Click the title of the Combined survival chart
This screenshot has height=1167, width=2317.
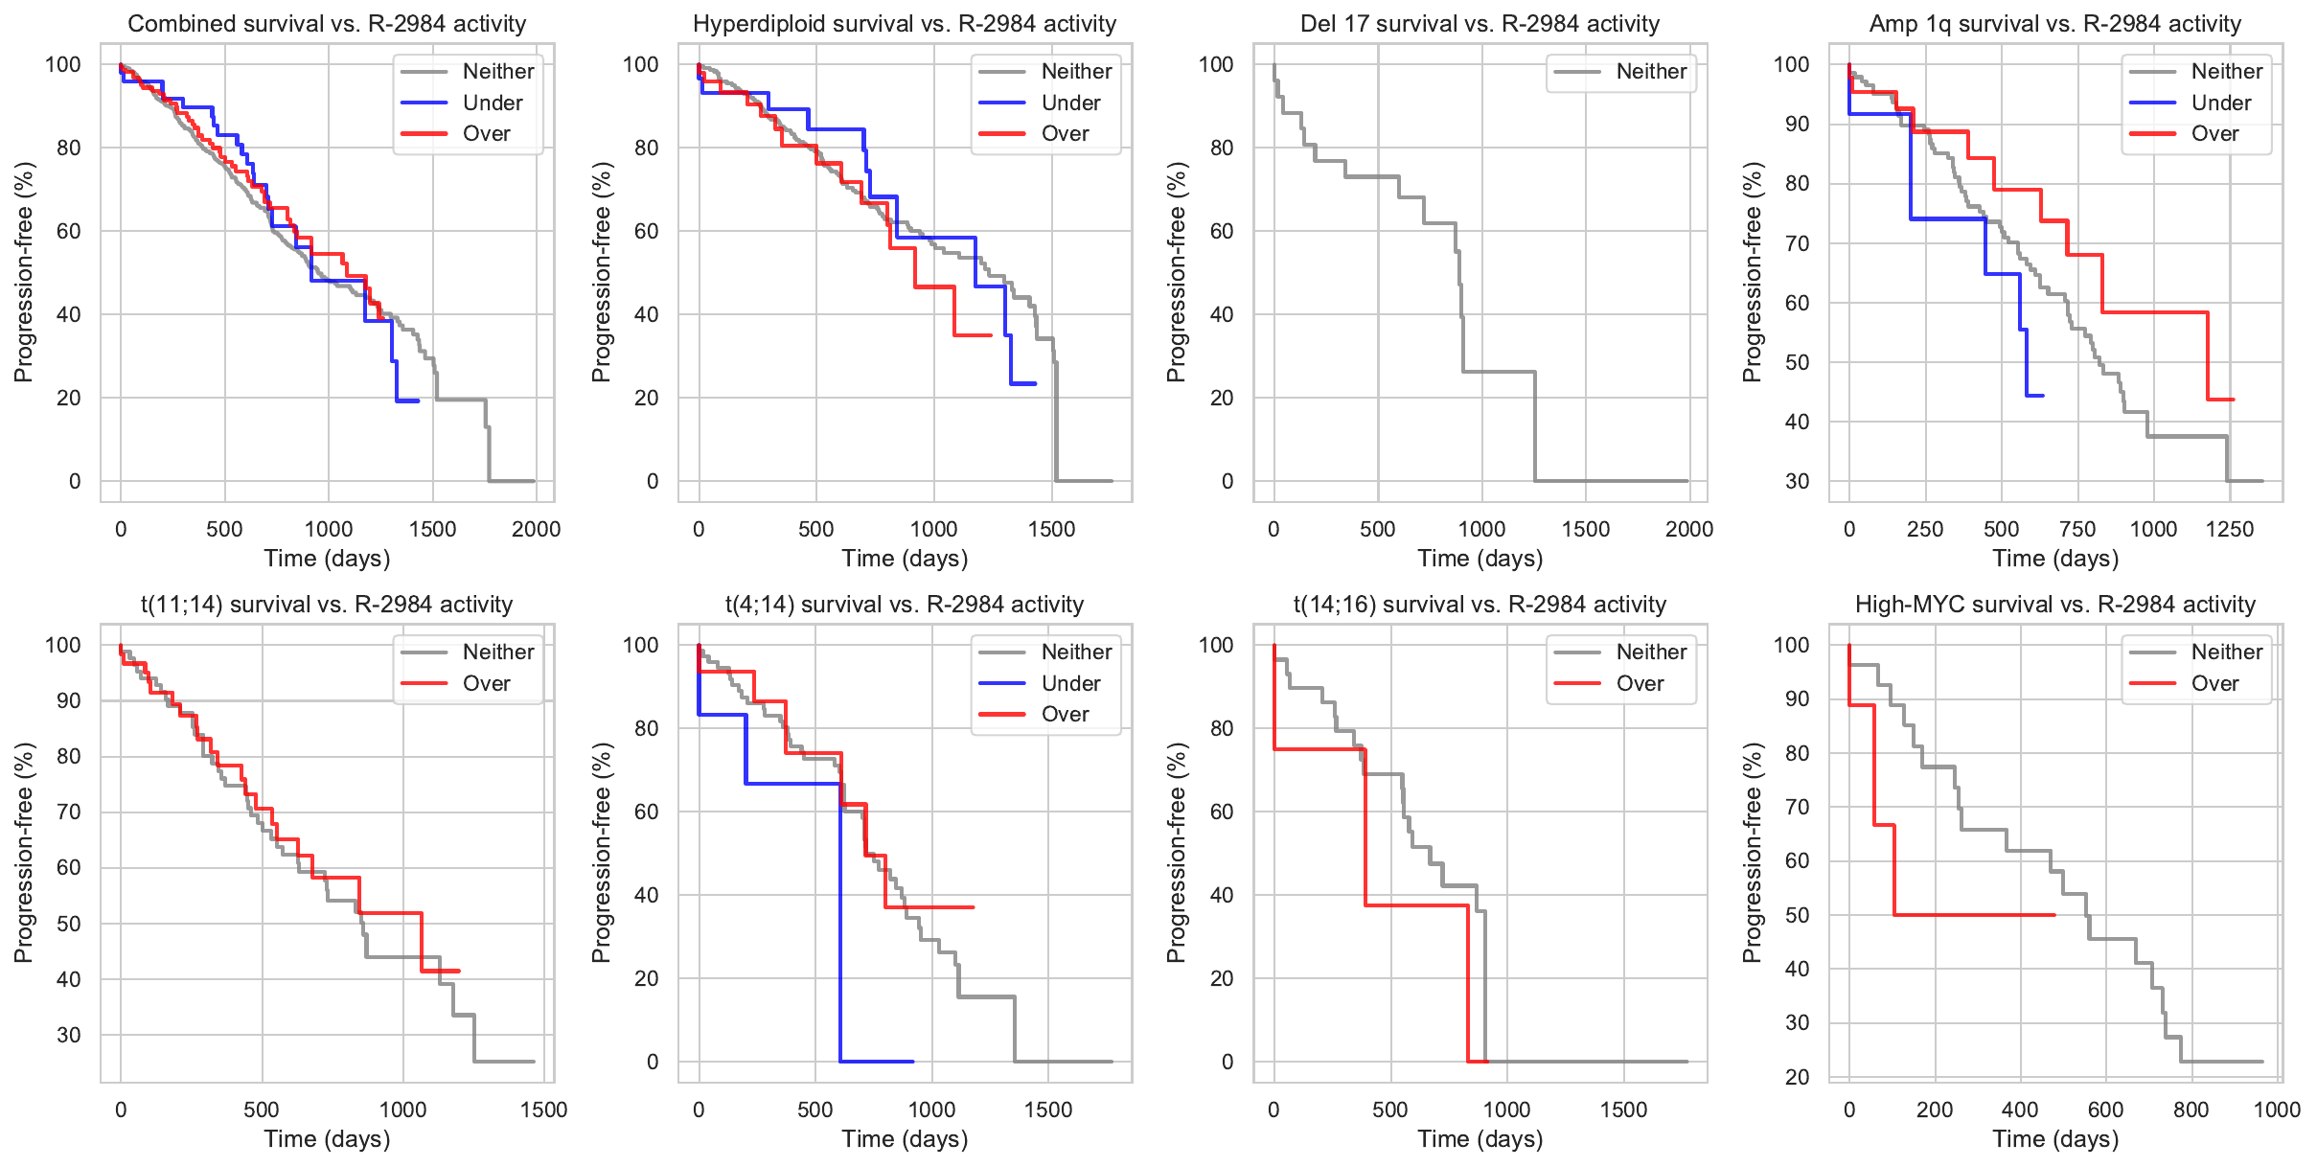point(327,24)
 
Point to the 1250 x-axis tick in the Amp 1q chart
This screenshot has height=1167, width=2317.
point(2230,529)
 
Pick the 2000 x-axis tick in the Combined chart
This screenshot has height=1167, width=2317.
point(536,529)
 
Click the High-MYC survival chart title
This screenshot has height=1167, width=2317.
point(2054,605)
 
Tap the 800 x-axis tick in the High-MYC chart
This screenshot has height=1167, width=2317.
point(2191,1110)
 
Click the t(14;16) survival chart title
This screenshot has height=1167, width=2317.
point(1480,605)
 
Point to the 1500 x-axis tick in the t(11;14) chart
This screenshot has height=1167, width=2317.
point(543,1110)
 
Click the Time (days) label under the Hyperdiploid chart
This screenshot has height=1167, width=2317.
point(905,559)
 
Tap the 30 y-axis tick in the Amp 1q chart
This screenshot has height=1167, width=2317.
point(1797,481)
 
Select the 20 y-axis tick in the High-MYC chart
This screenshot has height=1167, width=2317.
point(1797,1077)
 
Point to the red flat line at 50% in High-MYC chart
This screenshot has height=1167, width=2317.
point(1974,915)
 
